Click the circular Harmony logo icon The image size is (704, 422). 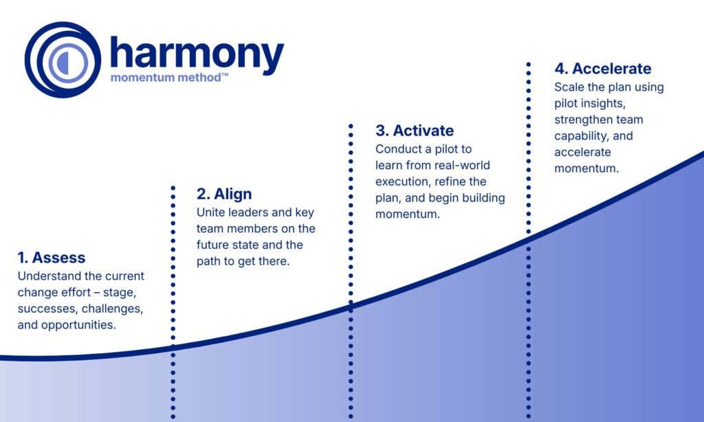point(63,60)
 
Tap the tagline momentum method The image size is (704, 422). point(164,78)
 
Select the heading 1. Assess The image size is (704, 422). point(52,258)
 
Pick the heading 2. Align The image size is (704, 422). point(224,194)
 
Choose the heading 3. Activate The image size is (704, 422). point(415,131)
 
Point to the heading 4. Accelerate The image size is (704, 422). point(603,69)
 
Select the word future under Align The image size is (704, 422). point(216,245)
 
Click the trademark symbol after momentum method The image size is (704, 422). point(225,76)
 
